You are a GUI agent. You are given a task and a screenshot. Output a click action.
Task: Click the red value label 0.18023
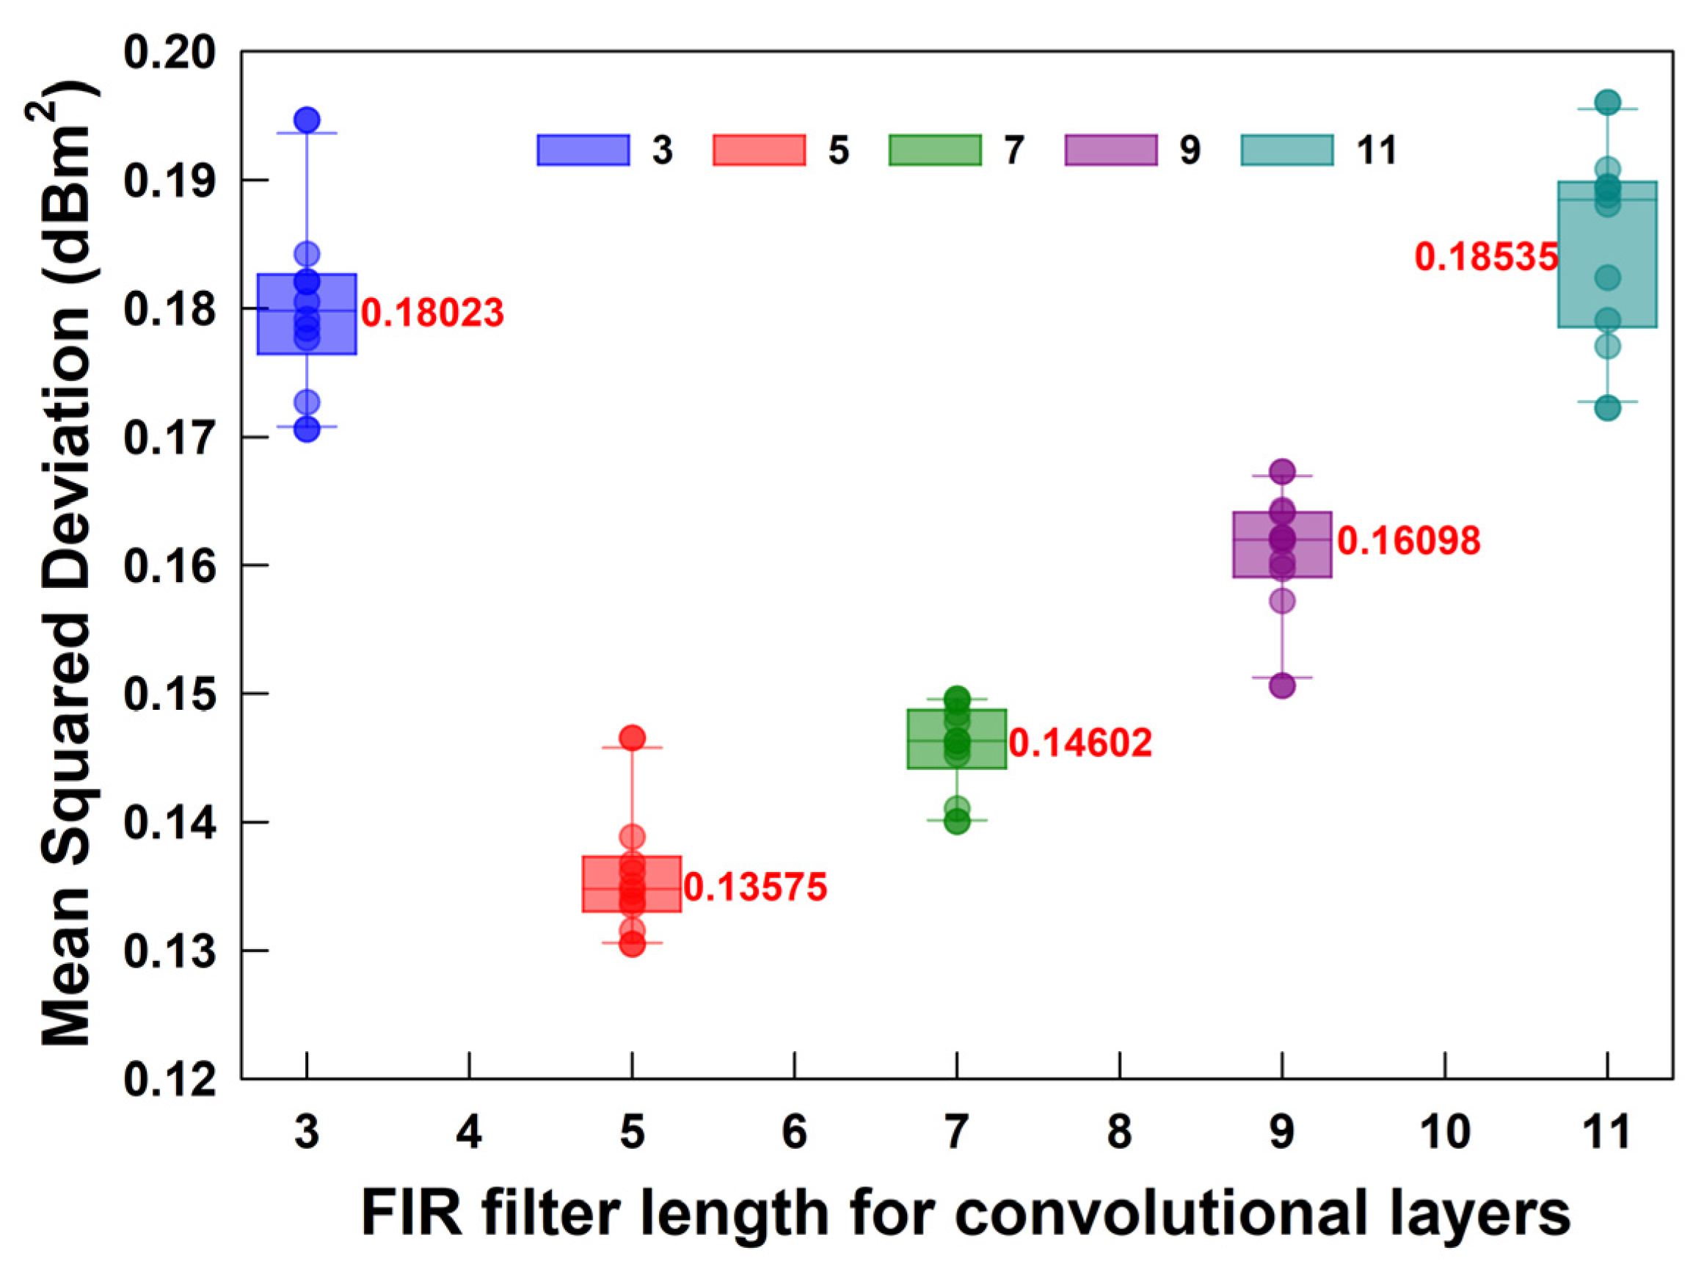tap(432, 313)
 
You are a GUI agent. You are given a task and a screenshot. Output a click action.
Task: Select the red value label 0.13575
tap(755, 887)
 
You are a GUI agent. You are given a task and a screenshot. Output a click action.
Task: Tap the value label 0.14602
tap(1080, 744)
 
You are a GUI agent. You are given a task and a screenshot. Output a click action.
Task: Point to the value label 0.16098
tap(1408, 541)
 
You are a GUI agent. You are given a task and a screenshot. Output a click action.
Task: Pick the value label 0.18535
tap(1486, 256)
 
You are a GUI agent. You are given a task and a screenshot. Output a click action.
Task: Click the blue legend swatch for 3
tap(583, 150)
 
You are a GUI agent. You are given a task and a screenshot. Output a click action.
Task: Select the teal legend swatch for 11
tap(1287, 150)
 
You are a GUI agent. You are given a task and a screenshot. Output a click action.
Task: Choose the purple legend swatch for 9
tap(1111, 150)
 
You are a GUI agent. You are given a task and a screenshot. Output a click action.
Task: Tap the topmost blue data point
tap(307, 120)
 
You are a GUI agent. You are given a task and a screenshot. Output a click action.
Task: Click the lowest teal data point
tap(1607, 408)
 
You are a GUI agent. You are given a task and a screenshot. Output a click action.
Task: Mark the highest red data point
tap(632, 737)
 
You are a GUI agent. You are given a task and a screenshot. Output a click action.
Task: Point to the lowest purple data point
tap(1282, 686)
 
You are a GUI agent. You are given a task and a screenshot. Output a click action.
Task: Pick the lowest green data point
tap(957, 822)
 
